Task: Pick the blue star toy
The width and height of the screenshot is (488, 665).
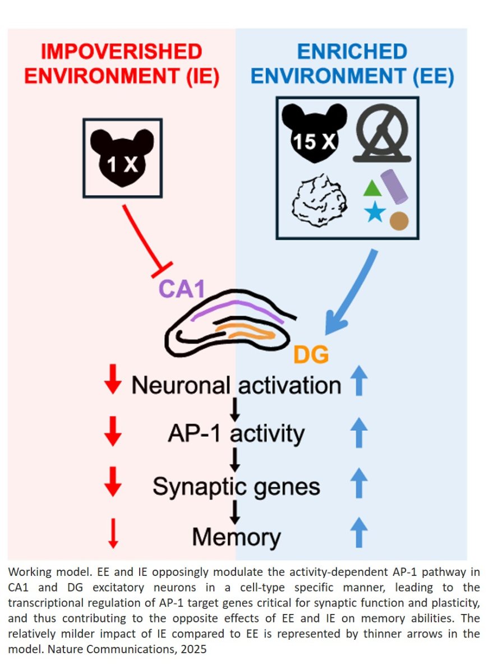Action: (x=373, y=213)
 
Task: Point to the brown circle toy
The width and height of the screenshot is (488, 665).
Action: (x=399, y=220)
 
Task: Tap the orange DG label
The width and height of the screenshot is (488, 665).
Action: (x=311, y=354)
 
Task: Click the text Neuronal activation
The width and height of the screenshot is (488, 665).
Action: (x=236, y=385)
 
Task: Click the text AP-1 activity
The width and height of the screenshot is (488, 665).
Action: (x=236, y=433)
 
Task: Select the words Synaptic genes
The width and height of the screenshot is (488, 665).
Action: (x=236, y=486)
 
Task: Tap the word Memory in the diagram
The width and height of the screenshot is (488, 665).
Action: (x=236, y=537)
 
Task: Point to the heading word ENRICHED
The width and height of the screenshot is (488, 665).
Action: (x=352, y=52)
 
